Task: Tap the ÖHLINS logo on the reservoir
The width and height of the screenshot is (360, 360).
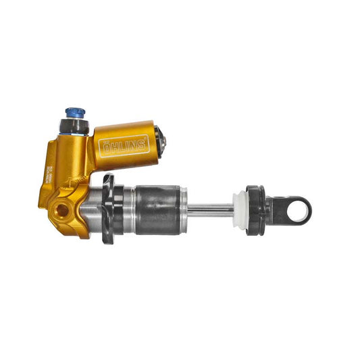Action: pyautogui.click(x=124, y=146)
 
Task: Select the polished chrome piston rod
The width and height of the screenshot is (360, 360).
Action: pyautogui.click(x=209, y=209)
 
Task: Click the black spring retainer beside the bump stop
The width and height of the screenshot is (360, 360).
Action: pyautogui.click(x=255, y=210)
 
